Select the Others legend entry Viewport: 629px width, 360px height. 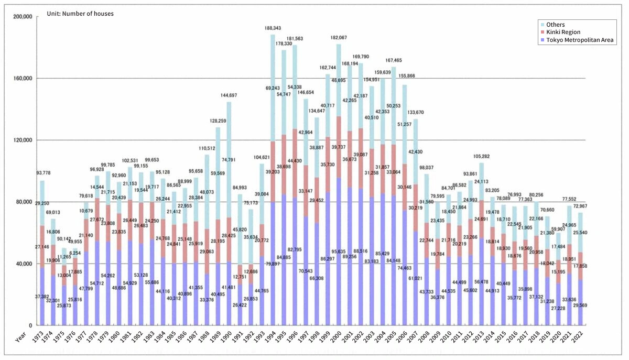555,24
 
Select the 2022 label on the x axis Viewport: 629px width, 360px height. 577,337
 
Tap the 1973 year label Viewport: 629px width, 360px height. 40,337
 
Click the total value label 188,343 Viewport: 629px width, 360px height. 273,28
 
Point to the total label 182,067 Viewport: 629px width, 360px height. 339,38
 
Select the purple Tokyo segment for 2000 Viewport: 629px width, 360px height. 339,252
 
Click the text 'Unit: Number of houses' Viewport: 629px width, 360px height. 88,14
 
